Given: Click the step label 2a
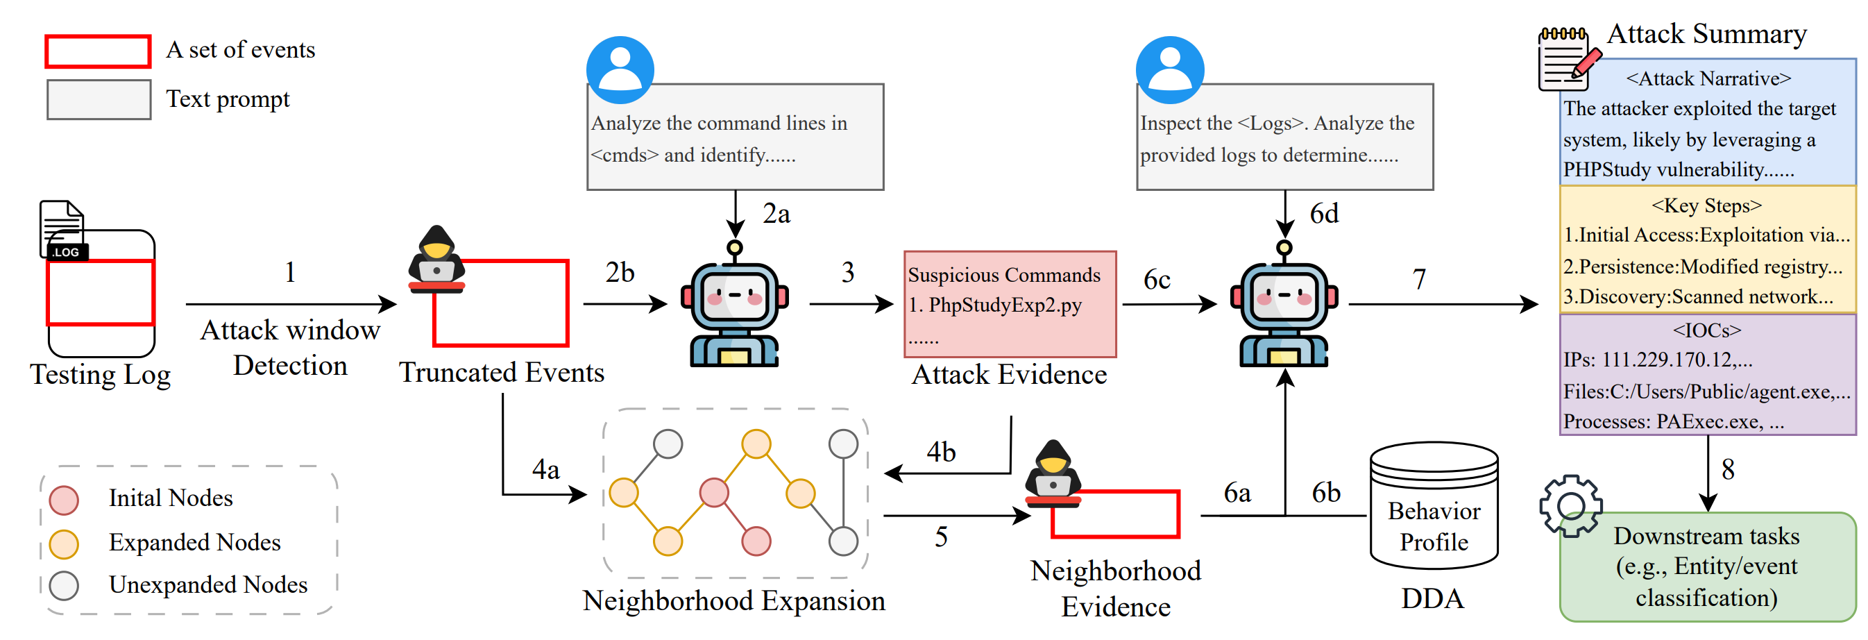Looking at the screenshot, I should click(776, 214).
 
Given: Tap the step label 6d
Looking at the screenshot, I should click(1323, 214).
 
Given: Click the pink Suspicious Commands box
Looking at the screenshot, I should click(1010, 304).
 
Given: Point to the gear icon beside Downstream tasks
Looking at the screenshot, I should click(1570, 506).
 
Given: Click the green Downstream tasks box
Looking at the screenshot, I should click(1707, 566).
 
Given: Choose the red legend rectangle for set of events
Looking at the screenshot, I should click(98, 51).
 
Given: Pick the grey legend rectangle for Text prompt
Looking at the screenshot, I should click(99, 99).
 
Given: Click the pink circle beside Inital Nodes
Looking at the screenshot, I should click(64, 500).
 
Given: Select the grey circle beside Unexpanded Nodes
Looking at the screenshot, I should click(64, 586).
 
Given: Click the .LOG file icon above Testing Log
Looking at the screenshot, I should click(64, 230).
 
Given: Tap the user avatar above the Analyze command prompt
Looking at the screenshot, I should click(620, 69).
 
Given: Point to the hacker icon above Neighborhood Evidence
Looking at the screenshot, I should click(1052, 471).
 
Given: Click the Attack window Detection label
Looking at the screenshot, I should click(290, 348).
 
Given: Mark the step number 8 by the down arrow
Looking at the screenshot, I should click(1728, 469).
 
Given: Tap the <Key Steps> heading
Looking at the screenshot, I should click(1706, 205).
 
